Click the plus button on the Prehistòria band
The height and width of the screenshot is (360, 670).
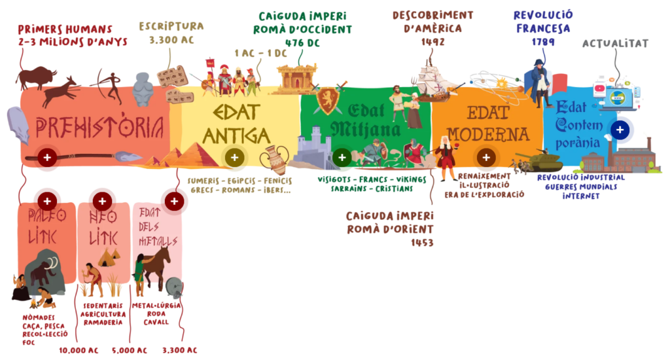coord(46,157)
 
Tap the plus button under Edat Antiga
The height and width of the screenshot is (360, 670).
coord(234,157)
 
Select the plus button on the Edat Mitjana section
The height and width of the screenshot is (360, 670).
coord(341,157)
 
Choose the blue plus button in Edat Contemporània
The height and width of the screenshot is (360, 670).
coord(620,130)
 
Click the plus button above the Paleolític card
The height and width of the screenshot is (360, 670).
coord(46,201)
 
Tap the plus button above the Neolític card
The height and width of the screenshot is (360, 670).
coord(101,201)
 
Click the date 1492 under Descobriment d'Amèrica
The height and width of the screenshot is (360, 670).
coord(433,42)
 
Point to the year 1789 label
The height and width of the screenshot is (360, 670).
coord(543,42)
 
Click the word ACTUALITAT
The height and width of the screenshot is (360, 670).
coord(615,43)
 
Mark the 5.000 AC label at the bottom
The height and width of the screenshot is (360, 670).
coord(131,350)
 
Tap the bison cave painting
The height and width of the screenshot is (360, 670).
coord(36,77)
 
